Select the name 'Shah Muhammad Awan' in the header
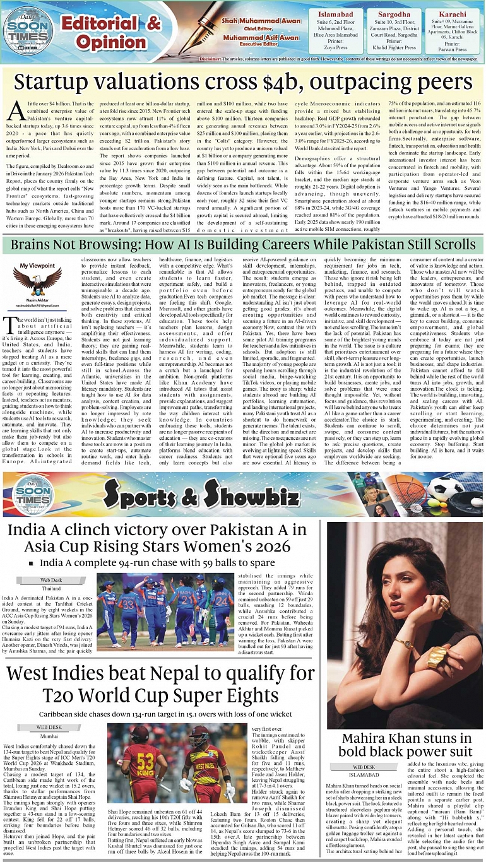click(252, 21)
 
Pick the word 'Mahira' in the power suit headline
click(366, 738)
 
